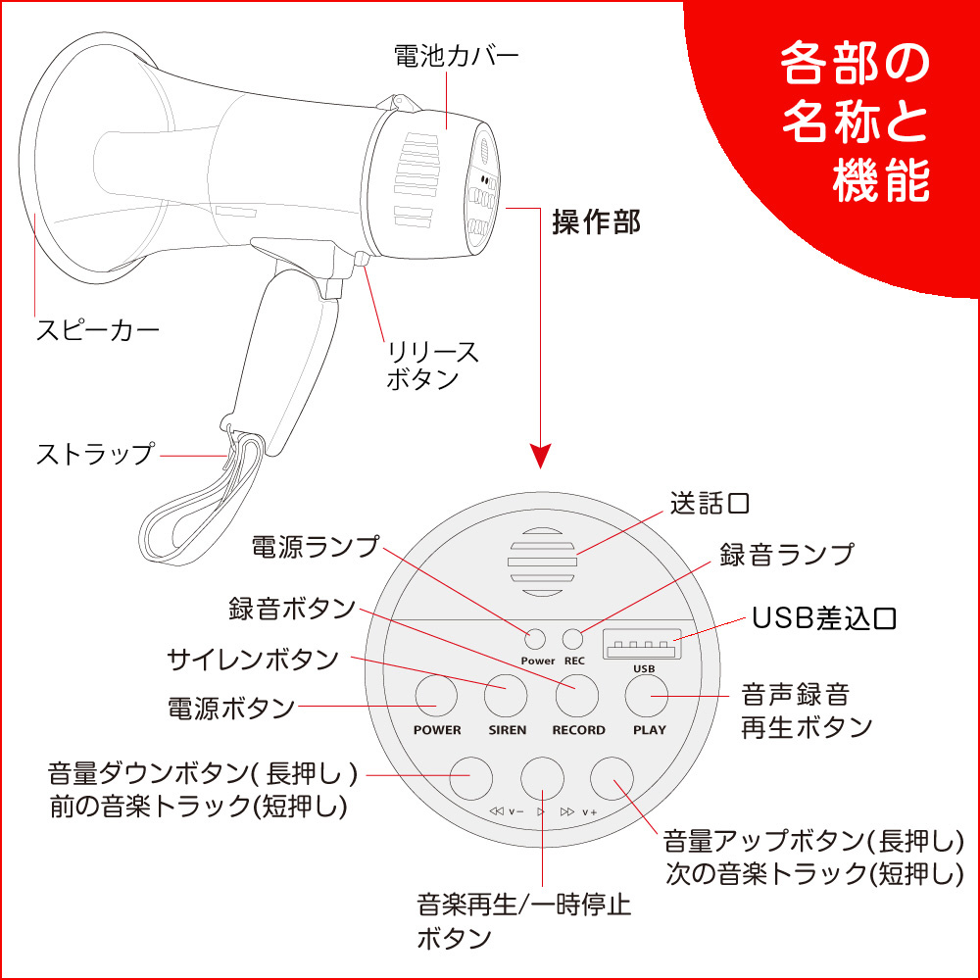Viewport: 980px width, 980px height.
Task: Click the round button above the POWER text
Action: coord(436,696)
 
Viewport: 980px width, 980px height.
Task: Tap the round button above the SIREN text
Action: coord(507,696)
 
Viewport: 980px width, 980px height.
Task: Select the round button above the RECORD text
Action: coord(577,696)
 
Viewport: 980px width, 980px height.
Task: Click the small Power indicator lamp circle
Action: coord(535,639)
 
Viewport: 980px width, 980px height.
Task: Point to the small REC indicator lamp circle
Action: coord(573,639)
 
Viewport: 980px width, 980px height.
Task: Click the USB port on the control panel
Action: coord(642,645)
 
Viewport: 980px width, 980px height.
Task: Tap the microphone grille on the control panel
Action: coord(541,562)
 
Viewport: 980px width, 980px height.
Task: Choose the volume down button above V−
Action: coord(471,778)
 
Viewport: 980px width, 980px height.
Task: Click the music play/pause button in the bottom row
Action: coord(543,778)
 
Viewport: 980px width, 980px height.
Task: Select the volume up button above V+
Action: coord(612,778)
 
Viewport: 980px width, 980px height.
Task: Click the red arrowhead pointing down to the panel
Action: coord(541,456)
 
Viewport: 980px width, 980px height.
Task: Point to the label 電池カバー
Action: coord(457,56)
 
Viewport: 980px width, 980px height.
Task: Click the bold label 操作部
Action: coord(596,221)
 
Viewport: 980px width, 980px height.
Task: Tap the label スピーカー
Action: coord(98,330)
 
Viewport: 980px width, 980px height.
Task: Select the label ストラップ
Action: coord(95,455)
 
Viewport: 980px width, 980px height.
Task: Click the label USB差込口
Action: coord(824,618)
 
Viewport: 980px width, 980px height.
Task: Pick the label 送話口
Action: coord(710,503)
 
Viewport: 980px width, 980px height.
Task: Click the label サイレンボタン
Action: coord(253,660)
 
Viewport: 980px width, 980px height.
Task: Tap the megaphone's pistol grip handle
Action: coord(282,350)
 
